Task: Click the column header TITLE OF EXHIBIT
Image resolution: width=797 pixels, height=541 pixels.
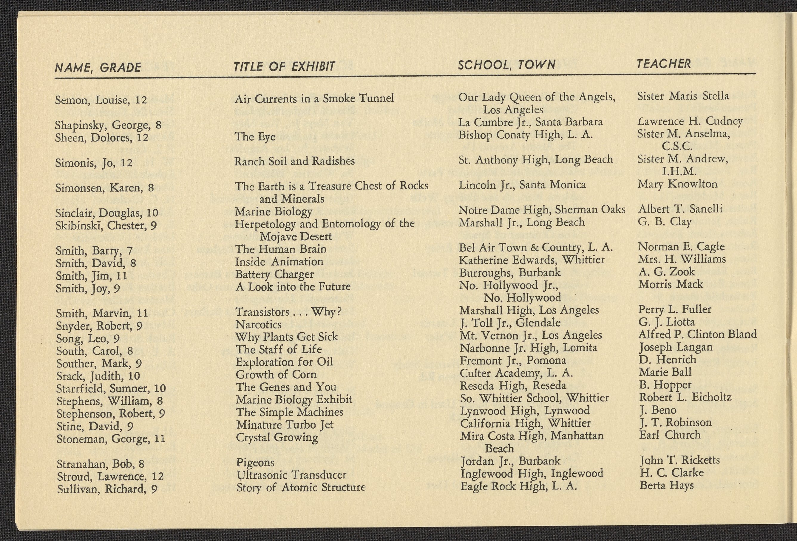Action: point(284,66)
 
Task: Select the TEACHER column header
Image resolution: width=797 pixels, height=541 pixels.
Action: point(664,64)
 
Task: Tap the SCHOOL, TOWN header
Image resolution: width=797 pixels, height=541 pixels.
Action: point(506,64)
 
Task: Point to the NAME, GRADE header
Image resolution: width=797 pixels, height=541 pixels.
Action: point(98,67)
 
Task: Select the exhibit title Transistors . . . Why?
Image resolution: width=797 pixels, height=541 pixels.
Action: point(288,312)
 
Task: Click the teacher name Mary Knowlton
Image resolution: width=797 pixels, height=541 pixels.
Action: point(677,184)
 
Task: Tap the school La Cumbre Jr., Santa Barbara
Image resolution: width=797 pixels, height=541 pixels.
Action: point(531,122)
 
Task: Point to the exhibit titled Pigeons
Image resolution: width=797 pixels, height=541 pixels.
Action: point(255,462)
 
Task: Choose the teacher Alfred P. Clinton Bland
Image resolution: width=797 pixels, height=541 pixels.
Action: point(697,334)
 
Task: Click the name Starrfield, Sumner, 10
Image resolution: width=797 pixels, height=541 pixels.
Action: point(111,388)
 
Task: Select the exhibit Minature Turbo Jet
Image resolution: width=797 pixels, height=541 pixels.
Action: point(285,425)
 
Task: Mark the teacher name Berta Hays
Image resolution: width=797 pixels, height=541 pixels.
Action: point(666,485)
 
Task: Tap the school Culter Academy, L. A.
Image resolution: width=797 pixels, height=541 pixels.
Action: point(516,373)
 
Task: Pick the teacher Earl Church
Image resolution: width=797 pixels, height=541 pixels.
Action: point(669,435)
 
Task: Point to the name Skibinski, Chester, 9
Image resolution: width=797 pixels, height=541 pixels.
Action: point(106,226)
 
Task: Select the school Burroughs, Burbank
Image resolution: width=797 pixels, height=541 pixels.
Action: point(510,272)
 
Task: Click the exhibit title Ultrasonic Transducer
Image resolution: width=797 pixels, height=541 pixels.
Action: point(291,475)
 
